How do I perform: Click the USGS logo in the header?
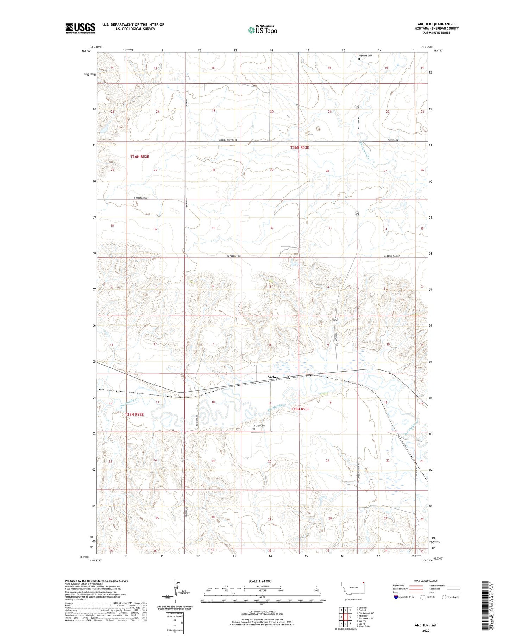(80, 28)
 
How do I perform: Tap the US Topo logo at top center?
(262, 30)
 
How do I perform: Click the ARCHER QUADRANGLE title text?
(435, 24)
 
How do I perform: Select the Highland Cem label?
(365, 56)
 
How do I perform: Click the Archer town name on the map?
(273, 377)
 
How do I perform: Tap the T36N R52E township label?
(140, 156)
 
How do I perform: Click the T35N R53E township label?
(300, 409)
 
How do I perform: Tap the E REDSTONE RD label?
(140, 198)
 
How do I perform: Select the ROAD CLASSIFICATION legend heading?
(426, 581)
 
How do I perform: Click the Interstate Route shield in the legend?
(396, 597)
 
